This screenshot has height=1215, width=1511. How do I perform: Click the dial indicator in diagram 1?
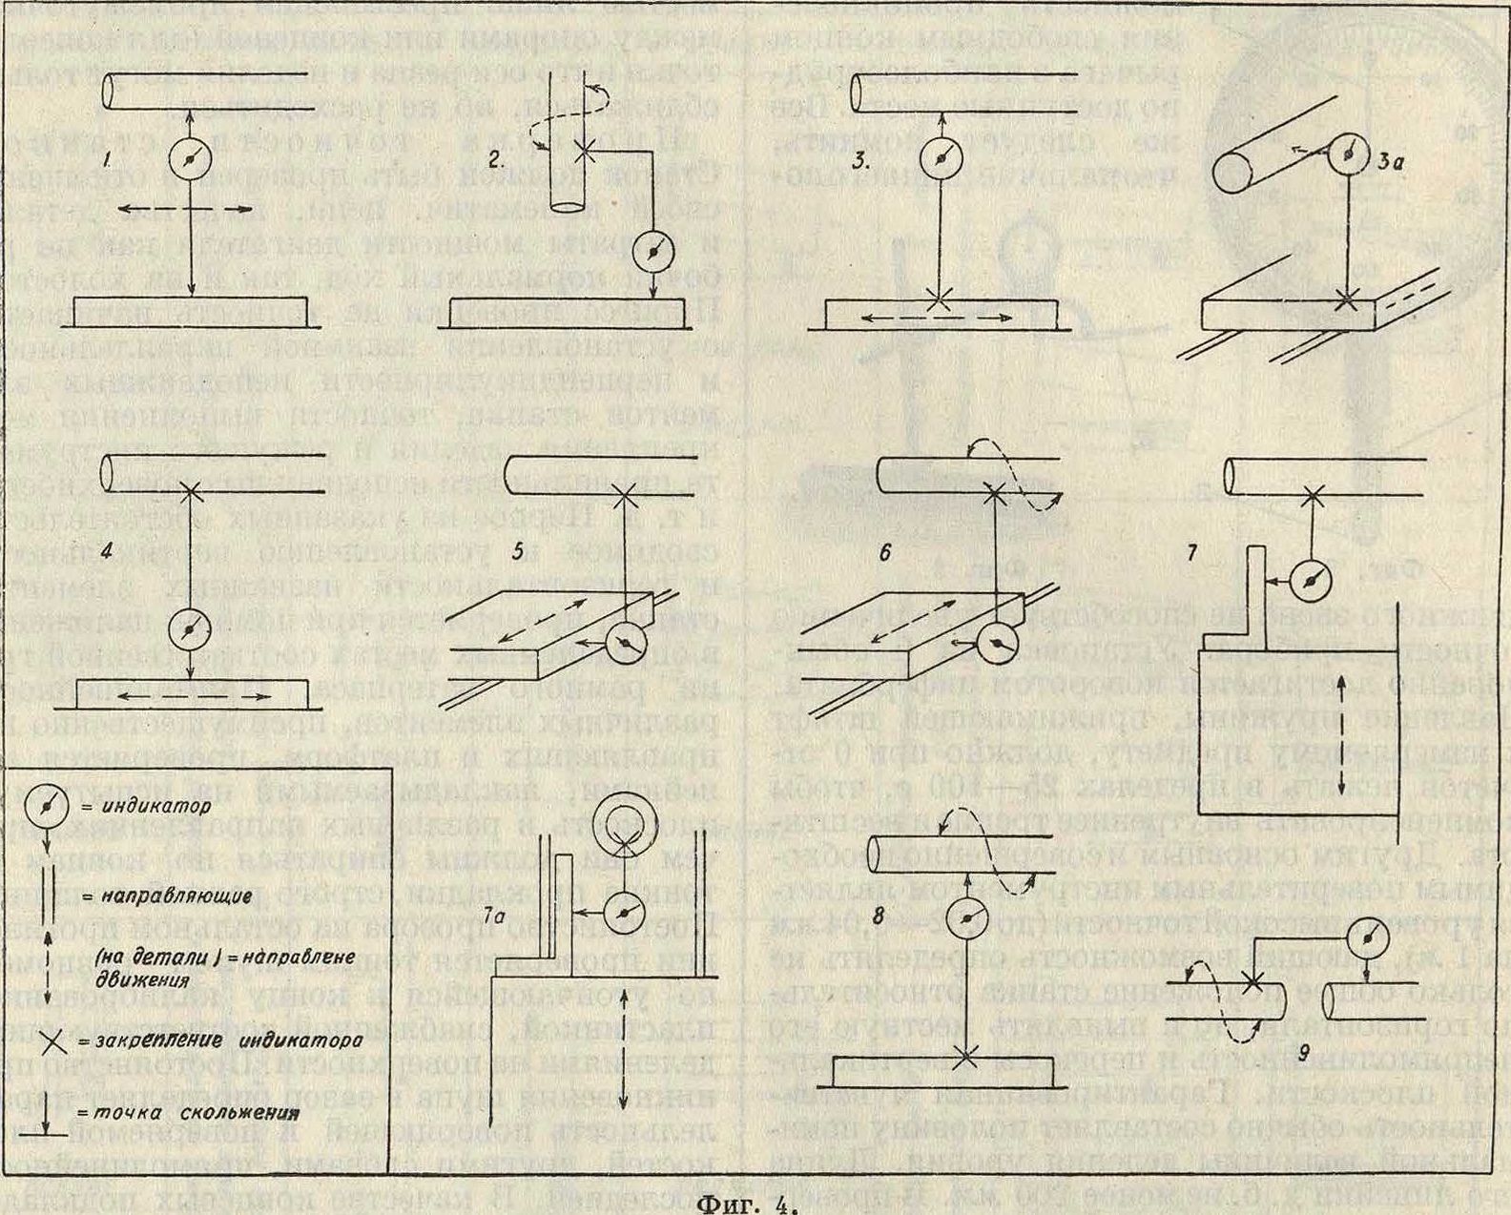coord(189,159)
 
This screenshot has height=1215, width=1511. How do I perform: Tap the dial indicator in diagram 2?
coord(653,250)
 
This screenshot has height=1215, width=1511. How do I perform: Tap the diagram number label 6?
coord(885,552)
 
